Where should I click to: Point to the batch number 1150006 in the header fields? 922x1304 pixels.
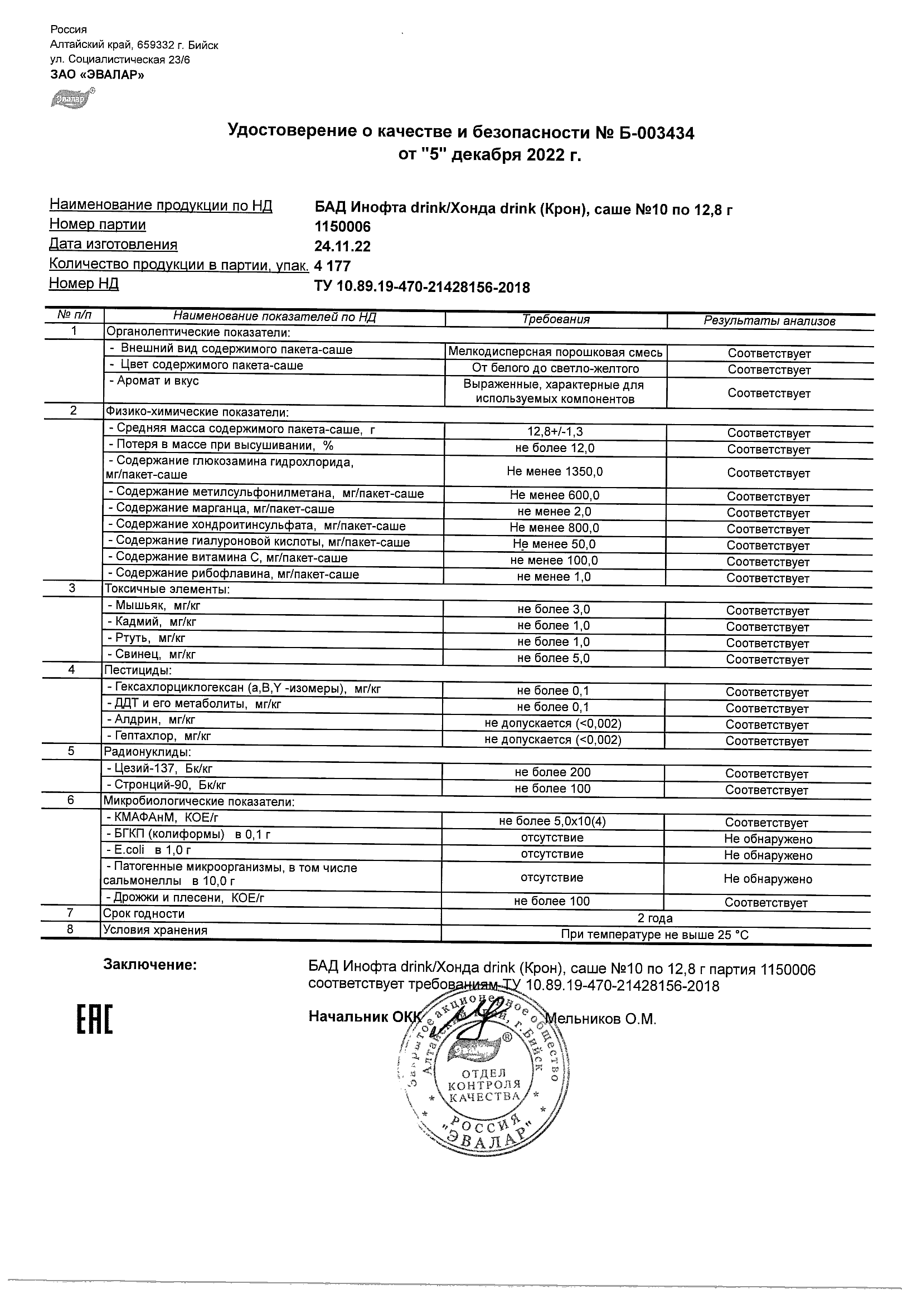click(x=343, y=227)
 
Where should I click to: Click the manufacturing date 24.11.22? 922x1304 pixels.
click(x=343, y=246)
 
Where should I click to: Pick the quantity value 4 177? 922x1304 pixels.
click(x=332, y=266)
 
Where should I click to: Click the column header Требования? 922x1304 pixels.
click(x=556, y=319)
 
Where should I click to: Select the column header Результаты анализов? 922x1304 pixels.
click(x=769, y=321)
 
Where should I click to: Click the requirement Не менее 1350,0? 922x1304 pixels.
click(x=555, y=471)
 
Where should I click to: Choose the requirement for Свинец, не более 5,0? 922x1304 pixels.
click(x=554, y=658)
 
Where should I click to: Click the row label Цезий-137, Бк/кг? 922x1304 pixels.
click(x=159, y=769)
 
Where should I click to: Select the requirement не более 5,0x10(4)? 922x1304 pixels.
click(x=552, y=821)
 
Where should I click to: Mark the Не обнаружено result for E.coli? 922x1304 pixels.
click(x=768, y=855)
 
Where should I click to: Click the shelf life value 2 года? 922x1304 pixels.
click(x=655, y=918)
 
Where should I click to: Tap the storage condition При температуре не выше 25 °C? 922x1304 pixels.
click(x=655, y=935)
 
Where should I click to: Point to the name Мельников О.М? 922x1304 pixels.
click(x=600, y=1019)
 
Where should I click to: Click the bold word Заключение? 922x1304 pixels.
click(x=150, y=965)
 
